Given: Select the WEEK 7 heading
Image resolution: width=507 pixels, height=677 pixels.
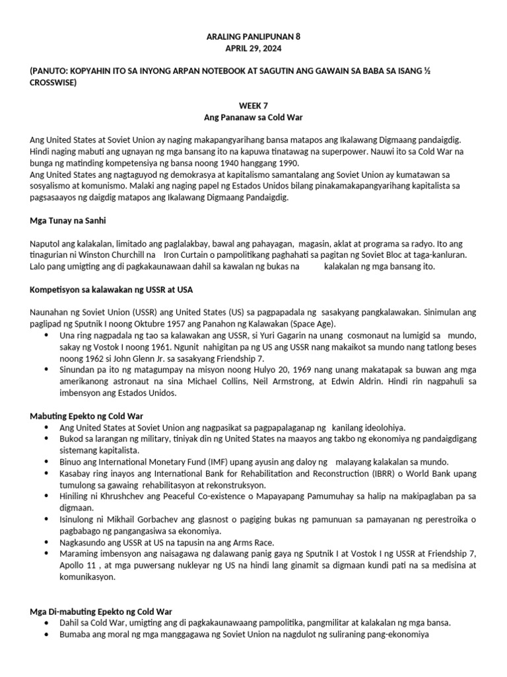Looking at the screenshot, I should [253, 105].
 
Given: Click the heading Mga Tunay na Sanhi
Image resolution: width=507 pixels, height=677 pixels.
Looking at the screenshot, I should [69, 219].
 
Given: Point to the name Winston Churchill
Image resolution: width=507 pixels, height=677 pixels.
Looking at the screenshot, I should [118, 254].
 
